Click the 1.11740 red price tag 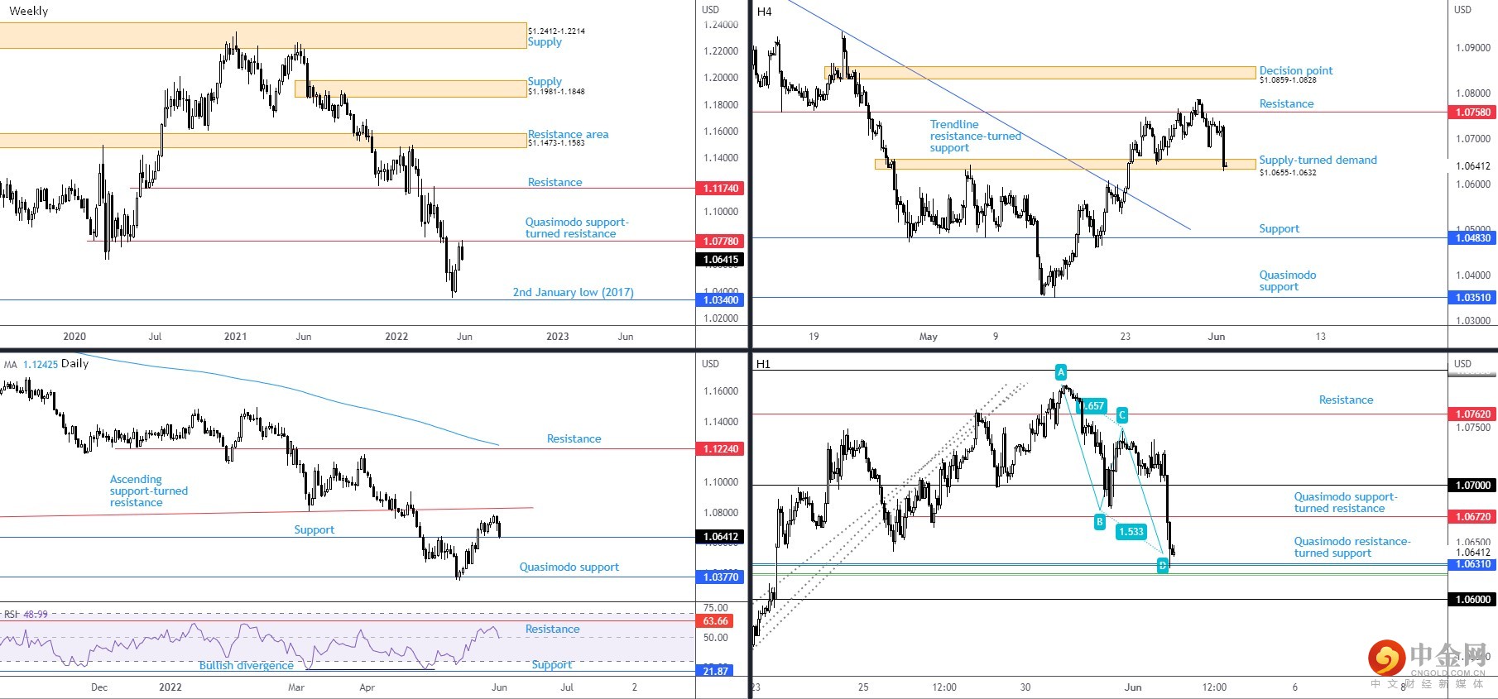point(720,189)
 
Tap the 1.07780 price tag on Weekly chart point(720,242)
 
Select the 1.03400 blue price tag point(720,300)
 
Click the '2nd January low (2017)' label point(573,292)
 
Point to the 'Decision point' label point(1295,70)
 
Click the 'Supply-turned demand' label point(1318,160)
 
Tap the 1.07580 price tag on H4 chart point(1472,113)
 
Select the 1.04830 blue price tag point(1472,238)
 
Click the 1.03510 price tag point(1472,298)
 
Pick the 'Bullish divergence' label point(246,665)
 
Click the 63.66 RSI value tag point(715,621)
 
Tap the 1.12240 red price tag point(720,449)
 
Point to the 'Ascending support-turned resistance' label point(149,491)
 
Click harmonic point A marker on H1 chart point(1061,372)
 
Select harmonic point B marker point(1099,521)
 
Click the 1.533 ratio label point(1131,532)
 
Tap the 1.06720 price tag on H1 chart point(1472,517)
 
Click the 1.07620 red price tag point(1472,414)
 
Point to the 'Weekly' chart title point(29,11)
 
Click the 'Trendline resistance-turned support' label point(975,136)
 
